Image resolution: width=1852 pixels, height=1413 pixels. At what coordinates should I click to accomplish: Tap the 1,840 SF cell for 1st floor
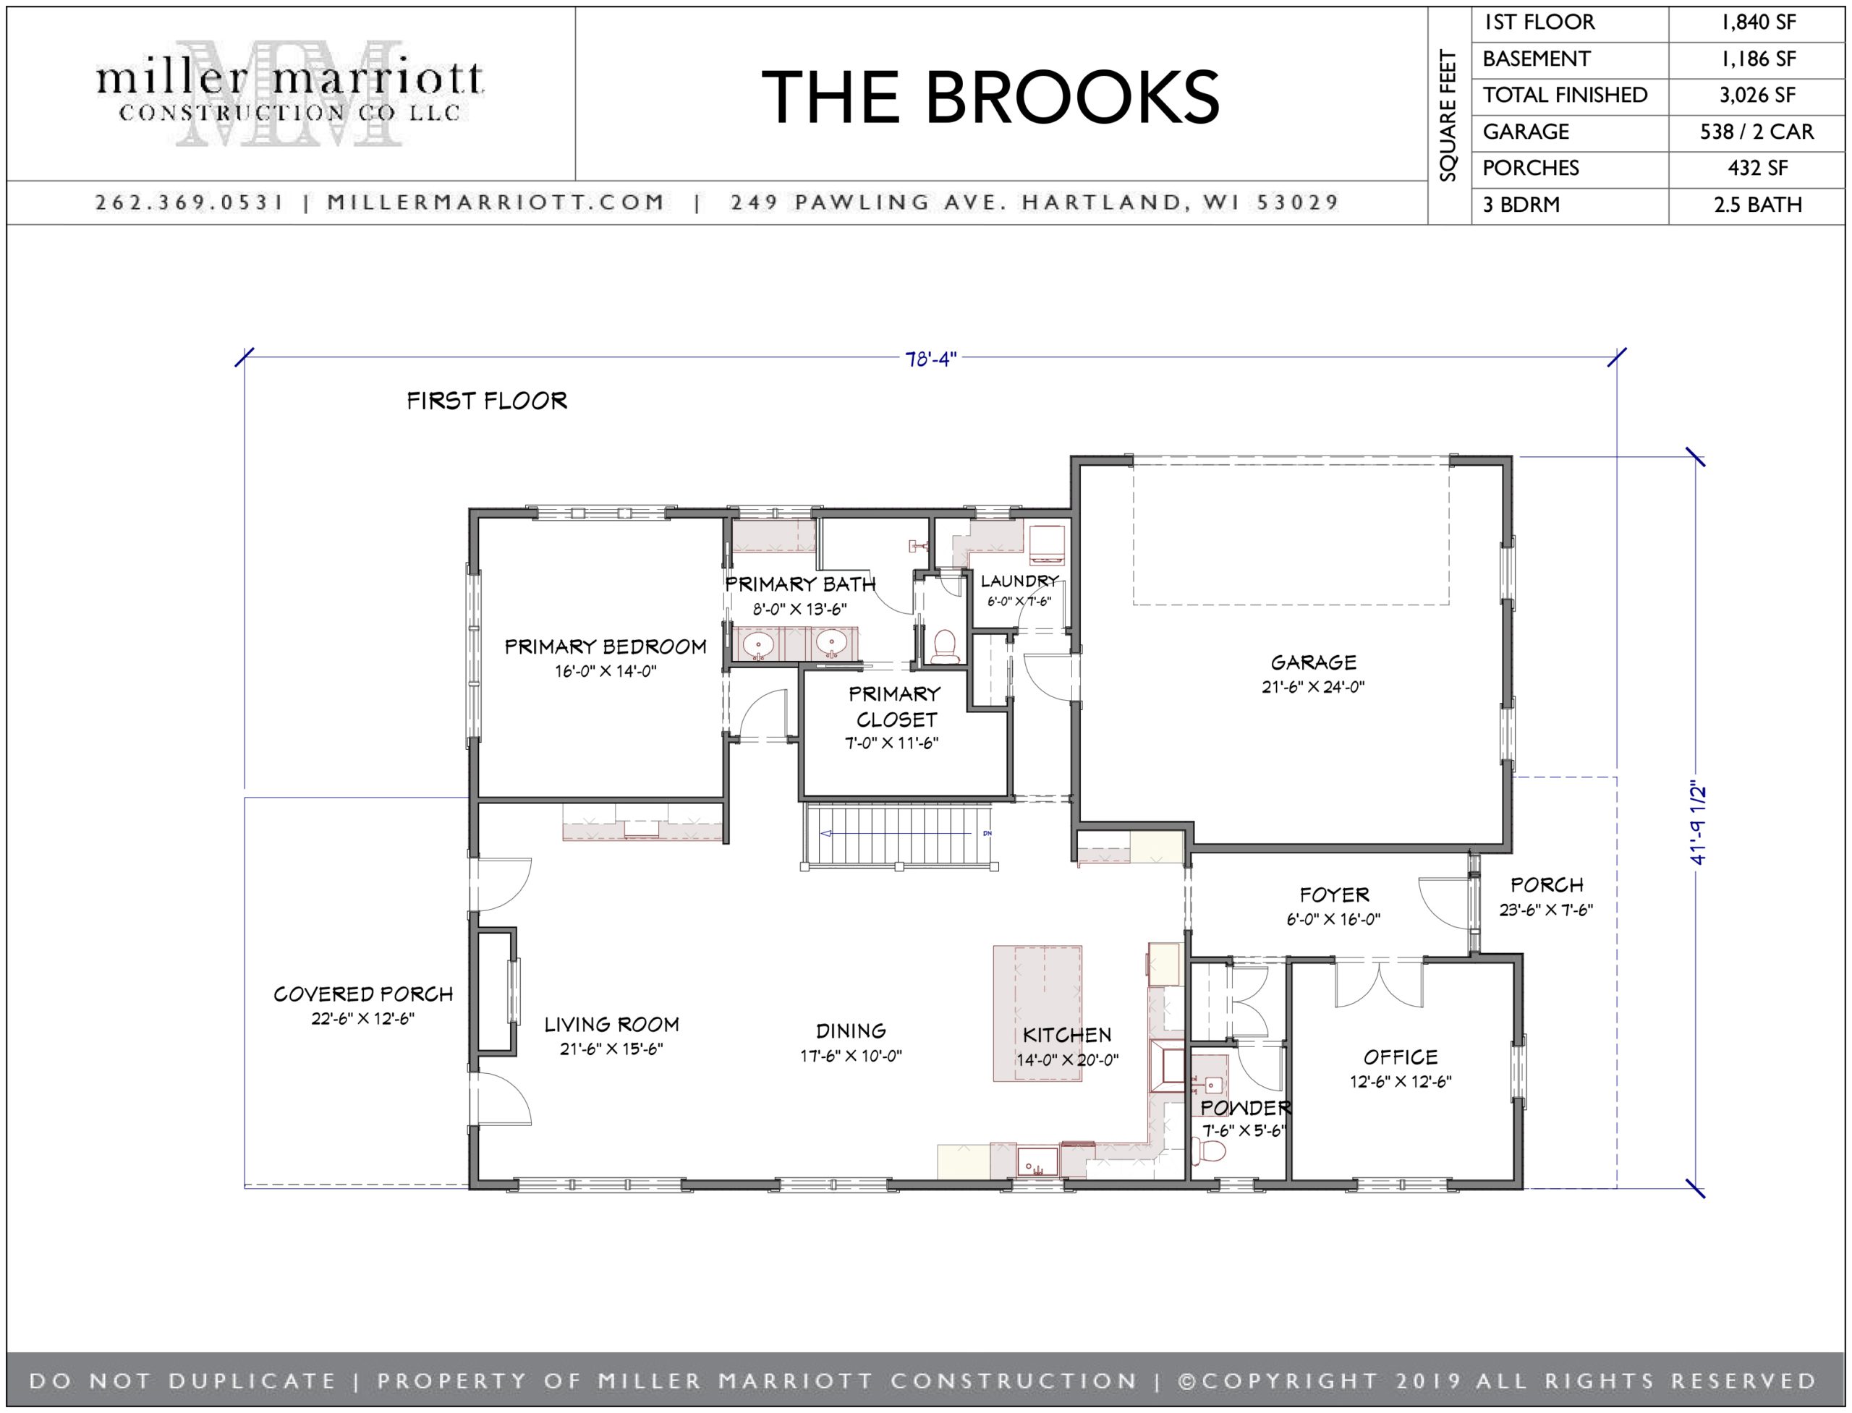click(x=1757, y=22)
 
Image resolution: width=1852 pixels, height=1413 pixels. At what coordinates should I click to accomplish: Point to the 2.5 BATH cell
click(x=1757, y=205)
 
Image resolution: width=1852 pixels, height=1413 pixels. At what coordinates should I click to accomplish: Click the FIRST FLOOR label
click(x=486, y=401)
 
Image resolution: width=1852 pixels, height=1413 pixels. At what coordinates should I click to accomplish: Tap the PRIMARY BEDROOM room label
click(x=605, y=646)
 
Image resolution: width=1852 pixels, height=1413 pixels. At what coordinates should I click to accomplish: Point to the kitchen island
click(x=1037, y=1012)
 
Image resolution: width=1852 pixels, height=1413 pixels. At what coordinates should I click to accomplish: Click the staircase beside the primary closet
click(x=899, y=834)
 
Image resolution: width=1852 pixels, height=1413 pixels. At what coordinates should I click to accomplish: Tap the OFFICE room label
click(x=1400, y=1057)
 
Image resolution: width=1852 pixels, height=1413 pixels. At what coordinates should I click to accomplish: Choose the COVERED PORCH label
click(x=363, y=994)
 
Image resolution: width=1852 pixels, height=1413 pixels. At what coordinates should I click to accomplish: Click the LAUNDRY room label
click(x=1019, y=581)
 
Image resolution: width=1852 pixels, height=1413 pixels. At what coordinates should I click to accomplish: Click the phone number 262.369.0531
click(x=190, y=202)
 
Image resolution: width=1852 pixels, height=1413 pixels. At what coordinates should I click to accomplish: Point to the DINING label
click(x=851, y=1031)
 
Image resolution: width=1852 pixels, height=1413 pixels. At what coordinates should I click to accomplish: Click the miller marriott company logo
click(x=289, y=93)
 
